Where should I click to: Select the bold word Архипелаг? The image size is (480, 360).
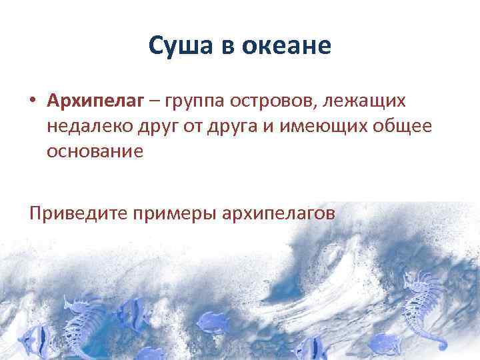(x=95, y=101)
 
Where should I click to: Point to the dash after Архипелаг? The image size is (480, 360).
(x=154, y=102)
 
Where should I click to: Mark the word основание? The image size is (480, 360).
(x=95, y=151)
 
